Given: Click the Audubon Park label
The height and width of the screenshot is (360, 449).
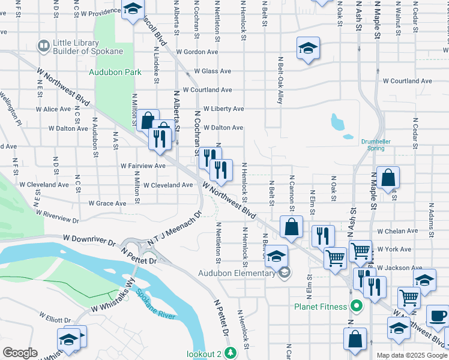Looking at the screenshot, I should coord(115,72).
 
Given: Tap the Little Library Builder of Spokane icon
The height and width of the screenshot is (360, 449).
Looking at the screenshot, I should coord(43,46).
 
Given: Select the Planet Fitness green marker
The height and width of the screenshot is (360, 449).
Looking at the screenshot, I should coord(357,307).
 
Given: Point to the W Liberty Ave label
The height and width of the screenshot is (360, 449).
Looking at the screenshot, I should coord(223,109).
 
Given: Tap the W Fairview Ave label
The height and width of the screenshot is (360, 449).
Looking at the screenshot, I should coord(143,166).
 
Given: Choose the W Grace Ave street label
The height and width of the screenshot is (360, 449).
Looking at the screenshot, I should coord(107,203).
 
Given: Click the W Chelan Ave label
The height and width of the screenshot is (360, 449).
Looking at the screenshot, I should coord(396,231).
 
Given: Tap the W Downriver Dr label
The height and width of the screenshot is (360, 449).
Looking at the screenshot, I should coord(89,242).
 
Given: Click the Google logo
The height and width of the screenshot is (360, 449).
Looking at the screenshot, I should coord(19,353).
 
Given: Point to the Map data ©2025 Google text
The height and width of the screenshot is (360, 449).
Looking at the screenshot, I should coord(411,355).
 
